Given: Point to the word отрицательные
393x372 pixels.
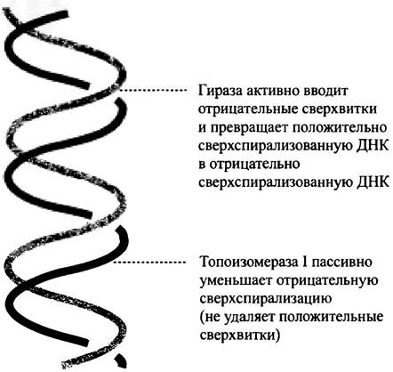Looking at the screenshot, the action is point(248,110).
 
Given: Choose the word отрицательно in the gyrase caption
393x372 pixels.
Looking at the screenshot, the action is point(255,165).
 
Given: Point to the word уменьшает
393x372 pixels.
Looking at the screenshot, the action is point(237,281).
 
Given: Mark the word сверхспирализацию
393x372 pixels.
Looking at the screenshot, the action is point(266,299).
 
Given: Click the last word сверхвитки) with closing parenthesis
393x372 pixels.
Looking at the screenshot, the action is point(240,336).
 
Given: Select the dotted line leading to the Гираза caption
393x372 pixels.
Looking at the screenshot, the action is point(153,90).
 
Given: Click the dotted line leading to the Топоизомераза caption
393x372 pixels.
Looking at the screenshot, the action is point(150,262).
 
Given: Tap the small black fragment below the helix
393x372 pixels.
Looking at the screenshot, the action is point(121,360).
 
